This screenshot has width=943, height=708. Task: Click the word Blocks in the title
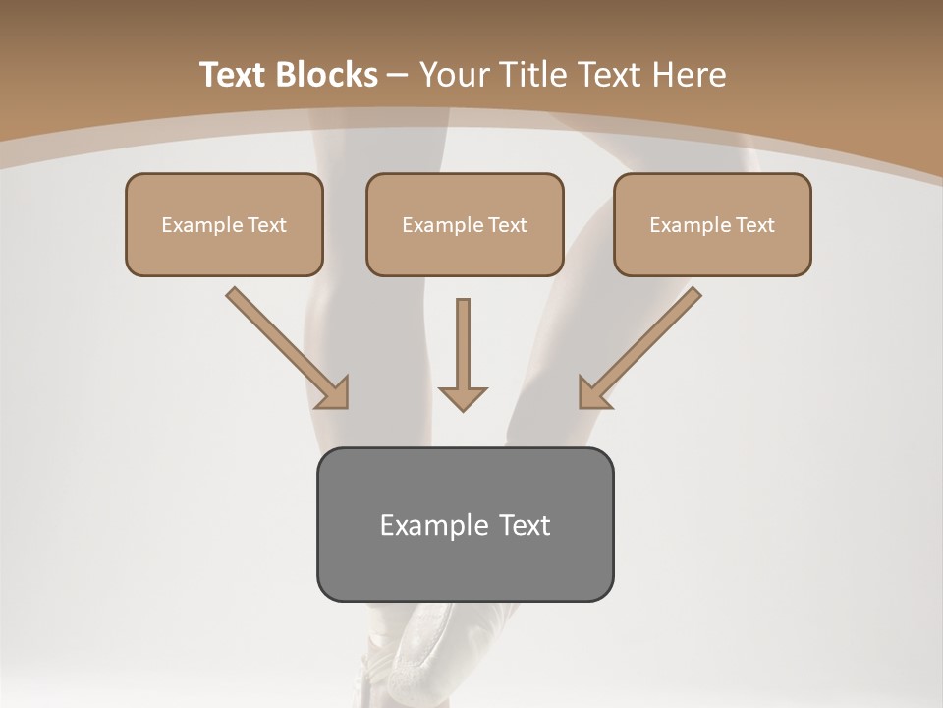pos(327,75)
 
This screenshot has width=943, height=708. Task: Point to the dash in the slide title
pos(398,76)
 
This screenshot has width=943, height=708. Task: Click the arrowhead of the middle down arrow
pos(463,397)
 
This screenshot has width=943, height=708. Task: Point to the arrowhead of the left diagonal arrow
pos(334,392)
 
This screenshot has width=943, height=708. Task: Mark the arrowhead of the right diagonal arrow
pos(593,392)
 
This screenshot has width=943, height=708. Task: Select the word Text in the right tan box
pos(755,225)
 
